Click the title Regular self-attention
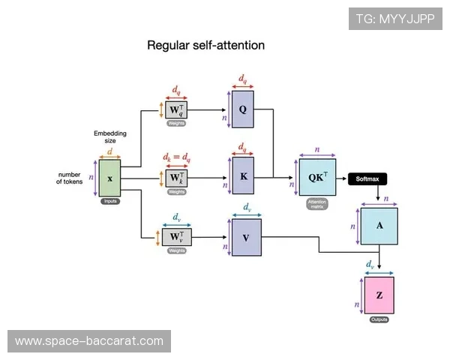tap(205, 46)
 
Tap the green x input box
tap(110, 178)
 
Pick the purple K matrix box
tap(243, 178)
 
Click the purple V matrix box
tap(245, 236)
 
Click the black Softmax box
tap(371, 178)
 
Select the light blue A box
tap(379, 224)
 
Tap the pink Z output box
tap(379, 295)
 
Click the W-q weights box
tap(176, 110)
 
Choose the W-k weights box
tap(176, 178)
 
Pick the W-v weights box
tap(176, 237)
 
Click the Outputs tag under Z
tap(379, 320)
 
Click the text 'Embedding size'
tap(110, 136)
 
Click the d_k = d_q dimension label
tap(177, 158)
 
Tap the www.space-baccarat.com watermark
tap(88, 341)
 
